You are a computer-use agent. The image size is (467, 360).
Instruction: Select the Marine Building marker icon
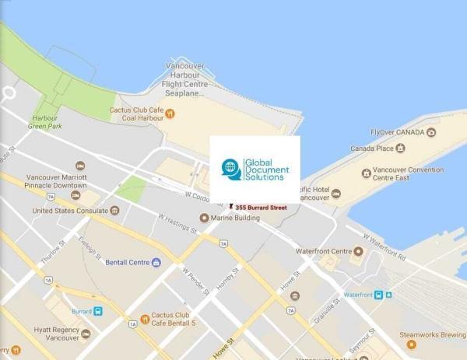pyautogui.click(x=205, y=218)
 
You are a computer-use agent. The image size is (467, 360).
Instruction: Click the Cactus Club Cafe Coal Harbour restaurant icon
pyautogui.click(x=170, y=114)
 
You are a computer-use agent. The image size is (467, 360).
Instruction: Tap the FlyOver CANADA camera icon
pyautogui.click(x=431, y=132)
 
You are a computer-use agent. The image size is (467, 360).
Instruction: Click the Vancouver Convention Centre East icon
pyautogui.click(x=366, y=173)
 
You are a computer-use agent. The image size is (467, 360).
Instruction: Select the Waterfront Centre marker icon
pyautogui.click(x=358, y=251)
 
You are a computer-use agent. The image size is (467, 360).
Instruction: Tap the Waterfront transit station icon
pyautogui.click(x=379, y=295)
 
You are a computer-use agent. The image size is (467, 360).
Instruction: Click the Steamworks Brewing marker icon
pyautogui.click(x=412, y=344)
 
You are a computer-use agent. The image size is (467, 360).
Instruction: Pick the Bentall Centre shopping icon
pyautogui.click(x=156, y=263)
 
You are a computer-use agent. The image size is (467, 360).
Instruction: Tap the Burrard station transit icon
pyautogui.click(x=98, y=311)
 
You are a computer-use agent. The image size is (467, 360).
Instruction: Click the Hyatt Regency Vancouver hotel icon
pyautogui.click(x=86, y=334)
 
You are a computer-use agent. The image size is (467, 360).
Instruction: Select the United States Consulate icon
pyautogui.click(x=114, y=210)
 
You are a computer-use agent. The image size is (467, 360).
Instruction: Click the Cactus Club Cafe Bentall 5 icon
pyautogui.click(x=145, y=319)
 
